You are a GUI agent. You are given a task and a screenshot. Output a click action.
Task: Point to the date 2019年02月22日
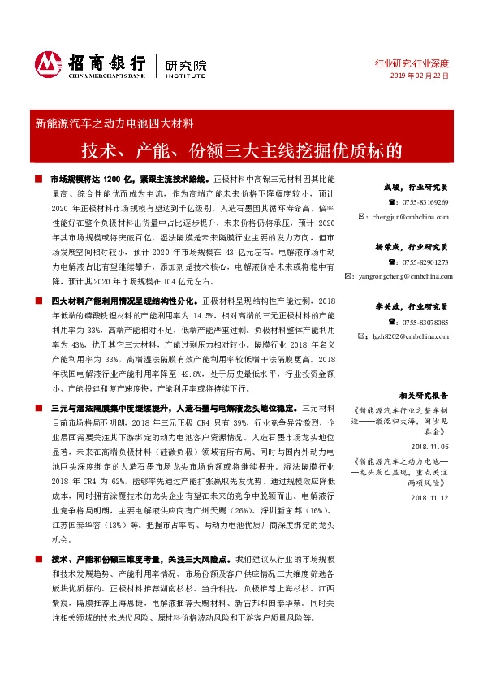pyautogui.click(x=420, y=75)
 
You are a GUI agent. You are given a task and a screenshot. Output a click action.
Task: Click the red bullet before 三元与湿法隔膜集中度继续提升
pyautogui.click(x=39, y=407)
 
